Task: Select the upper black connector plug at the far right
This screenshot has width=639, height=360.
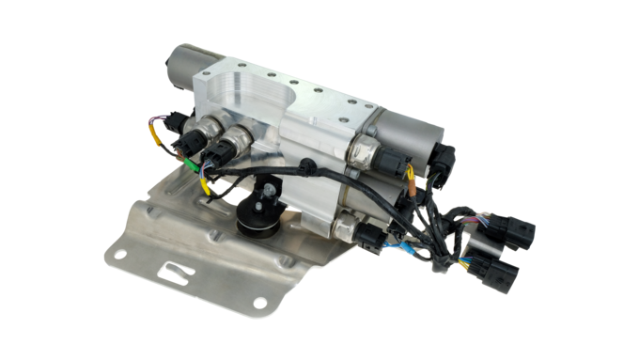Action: (x=518, y=230)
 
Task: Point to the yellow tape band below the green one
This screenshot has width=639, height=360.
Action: (x=201, y=184)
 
